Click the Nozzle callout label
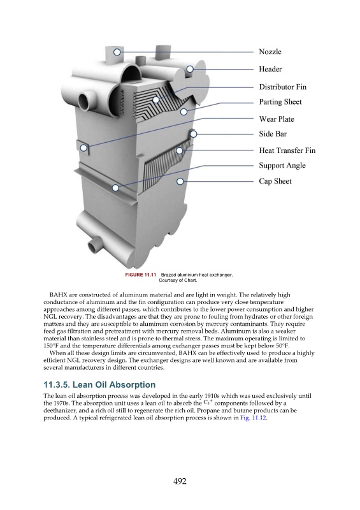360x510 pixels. click(270, 52)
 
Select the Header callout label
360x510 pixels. click(270, 69)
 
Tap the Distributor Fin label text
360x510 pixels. click(283, 87)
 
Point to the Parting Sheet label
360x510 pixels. click(280, 102)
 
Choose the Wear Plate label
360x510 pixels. click(277, 119)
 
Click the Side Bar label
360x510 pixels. click(273, 134)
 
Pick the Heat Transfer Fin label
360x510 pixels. click(287, 150)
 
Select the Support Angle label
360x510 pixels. click(282, 165)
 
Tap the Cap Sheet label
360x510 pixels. click(275, 181)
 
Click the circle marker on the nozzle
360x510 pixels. click(117, 52)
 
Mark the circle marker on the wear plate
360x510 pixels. click(83, 148)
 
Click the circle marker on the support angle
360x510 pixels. click(115, 187)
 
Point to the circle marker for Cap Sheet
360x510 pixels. click(180, 181)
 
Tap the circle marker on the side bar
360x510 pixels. click(194, 134)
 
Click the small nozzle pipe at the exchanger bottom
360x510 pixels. click(95, 245)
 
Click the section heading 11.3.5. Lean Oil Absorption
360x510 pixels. click(99, 385)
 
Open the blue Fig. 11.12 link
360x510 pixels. click(254, 418)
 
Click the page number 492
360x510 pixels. click(180, 481)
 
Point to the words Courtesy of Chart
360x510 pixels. click(178, 280)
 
